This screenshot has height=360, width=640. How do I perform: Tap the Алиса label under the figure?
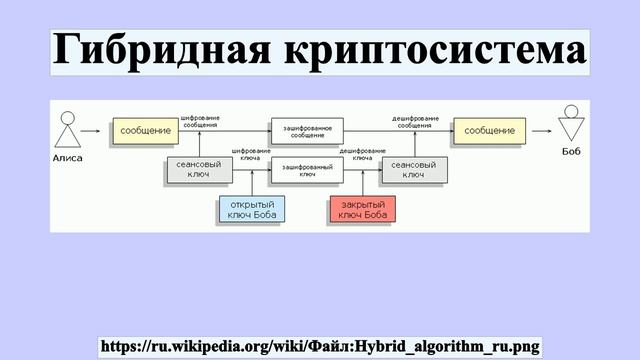pyautogui.click(x=67, y=158)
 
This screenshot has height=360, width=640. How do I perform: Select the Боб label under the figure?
pyautogui.click(x=571, y=158)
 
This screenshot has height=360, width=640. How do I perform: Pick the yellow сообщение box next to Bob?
pyautogui.click(x=490, y=131)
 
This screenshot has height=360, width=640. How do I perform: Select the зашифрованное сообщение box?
pyautogui.click(x=307, y=131)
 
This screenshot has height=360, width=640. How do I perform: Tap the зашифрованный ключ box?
pyautogui.click(x=307, y=170)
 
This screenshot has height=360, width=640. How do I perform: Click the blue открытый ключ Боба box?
pyautogui.click(x=251, y=209)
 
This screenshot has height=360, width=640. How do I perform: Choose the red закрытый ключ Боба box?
pyautogui.click(x=362, y=209)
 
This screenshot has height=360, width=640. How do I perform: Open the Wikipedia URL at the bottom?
pyautogui.click(x=320, y=346)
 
